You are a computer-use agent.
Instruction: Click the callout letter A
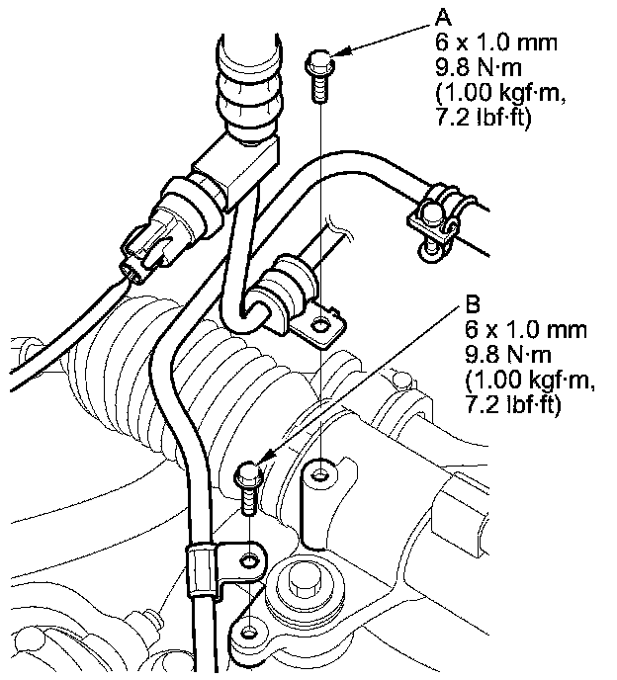coord(443,18)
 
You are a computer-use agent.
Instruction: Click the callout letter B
coord(473,304)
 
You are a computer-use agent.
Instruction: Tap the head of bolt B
coord(248,475)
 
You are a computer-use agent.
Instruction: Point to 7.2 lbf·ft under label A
coord(483,118)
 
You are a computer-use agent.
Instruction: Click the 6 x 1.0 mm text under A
coord(496,42)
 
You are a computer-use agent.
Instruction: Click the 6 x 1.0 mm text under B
coord(526,330)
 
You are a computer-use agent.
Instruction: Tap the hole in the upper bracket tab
coord(321,324)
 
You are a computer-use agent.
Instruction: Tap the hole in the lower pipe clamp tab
coord(249,561)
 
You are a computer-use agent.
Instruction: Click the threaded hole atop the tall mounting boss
coord(320,474)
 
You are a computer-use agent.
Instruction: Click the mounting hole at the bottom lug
coord(248,633)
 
